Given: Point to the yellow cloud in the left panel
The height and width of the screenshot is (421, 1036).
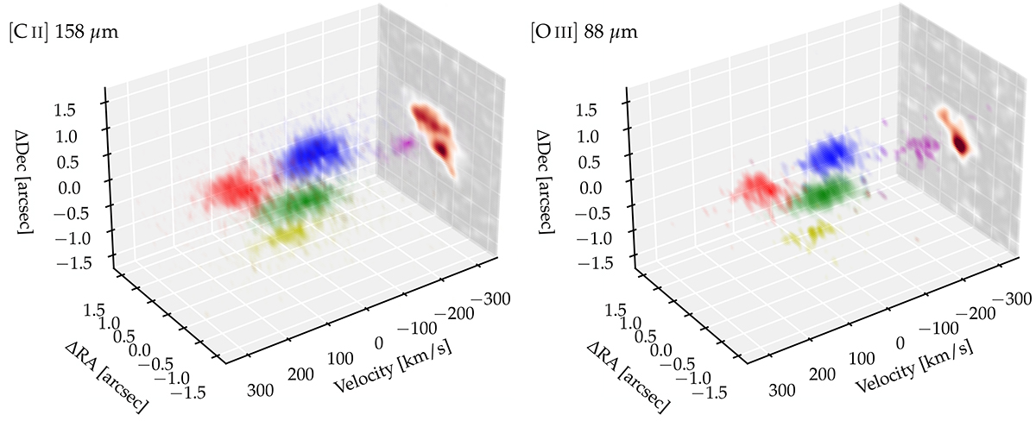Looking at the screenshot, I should pos(286,234).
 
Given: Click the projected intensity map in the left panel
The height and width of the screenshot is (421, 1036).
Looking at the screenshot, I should pos(433,131).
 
